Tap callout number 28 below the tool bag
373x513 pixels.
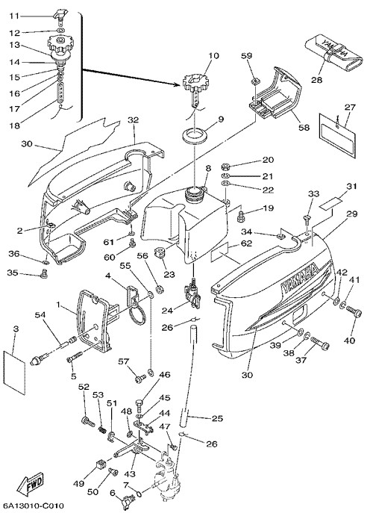pos(316,79)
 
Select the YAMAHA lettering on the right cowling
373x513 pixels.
pos(300,278)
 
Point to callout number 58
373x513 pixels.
pos(304,127)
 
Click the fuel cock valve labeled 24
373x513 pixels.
pos(192,291)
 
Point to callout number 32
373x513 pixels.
pos(134,120)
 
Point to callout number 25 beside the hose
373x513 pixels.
pos(217,418)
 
